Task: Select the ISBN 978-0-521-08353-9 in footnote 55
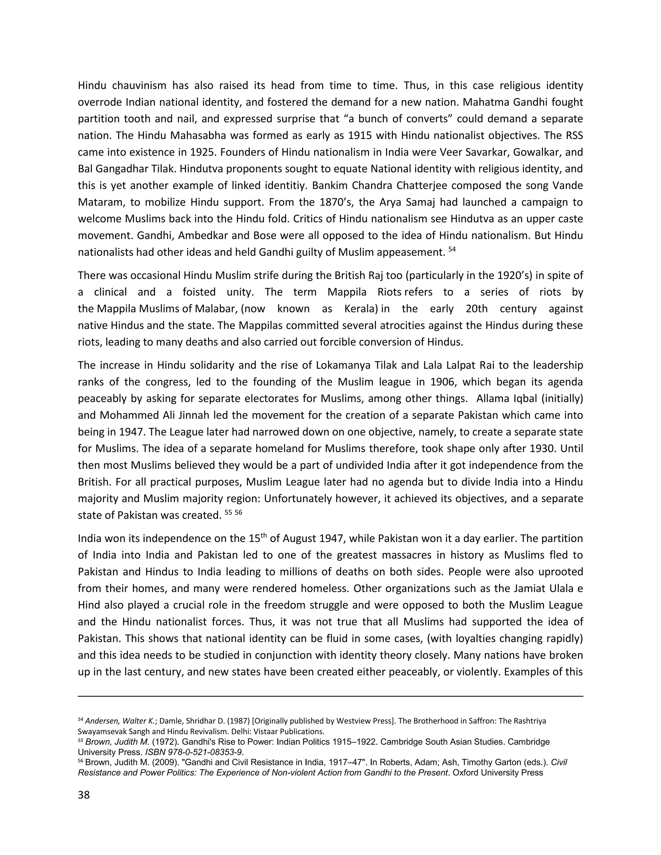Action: (194, 752)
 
